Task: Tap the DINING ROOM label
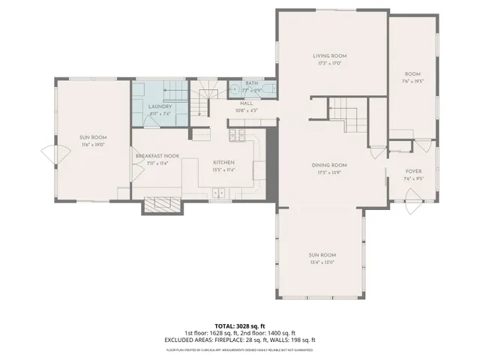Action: coord(329,165)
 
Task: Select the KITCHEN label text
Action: coord(224,162)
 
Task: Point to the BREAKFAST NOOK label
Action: coord(157,155)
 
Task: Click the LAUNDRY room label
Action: coord(160,106)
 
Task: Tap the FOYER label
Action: coord(414,172)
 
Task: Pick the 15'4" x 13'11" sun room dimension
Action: coord(322,262)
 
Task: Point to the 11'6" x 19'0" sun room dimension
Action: coord(94,144)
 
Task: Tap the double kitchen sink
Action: coord(220,193)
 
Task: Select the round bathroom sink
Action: coord(232,89)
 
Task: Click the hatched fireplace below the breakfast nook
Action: coord(161,204)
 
